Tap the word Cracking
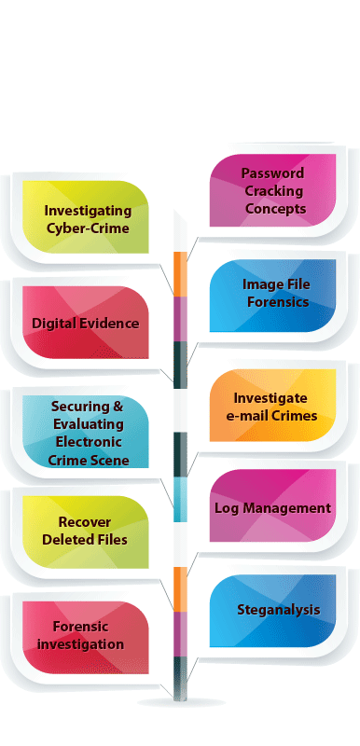coord(274,190)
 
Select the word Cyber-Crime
coord(87,228)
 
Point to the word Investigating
coord(87,212)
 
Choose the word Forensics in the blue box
coord(275,301)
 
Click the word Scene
coord(111,461)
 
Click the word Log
coord(227,508)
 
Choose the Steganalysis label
coord(278,611)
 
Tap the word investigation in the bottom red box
coord(87,644)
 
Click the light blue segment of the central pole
coord(180,500)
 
